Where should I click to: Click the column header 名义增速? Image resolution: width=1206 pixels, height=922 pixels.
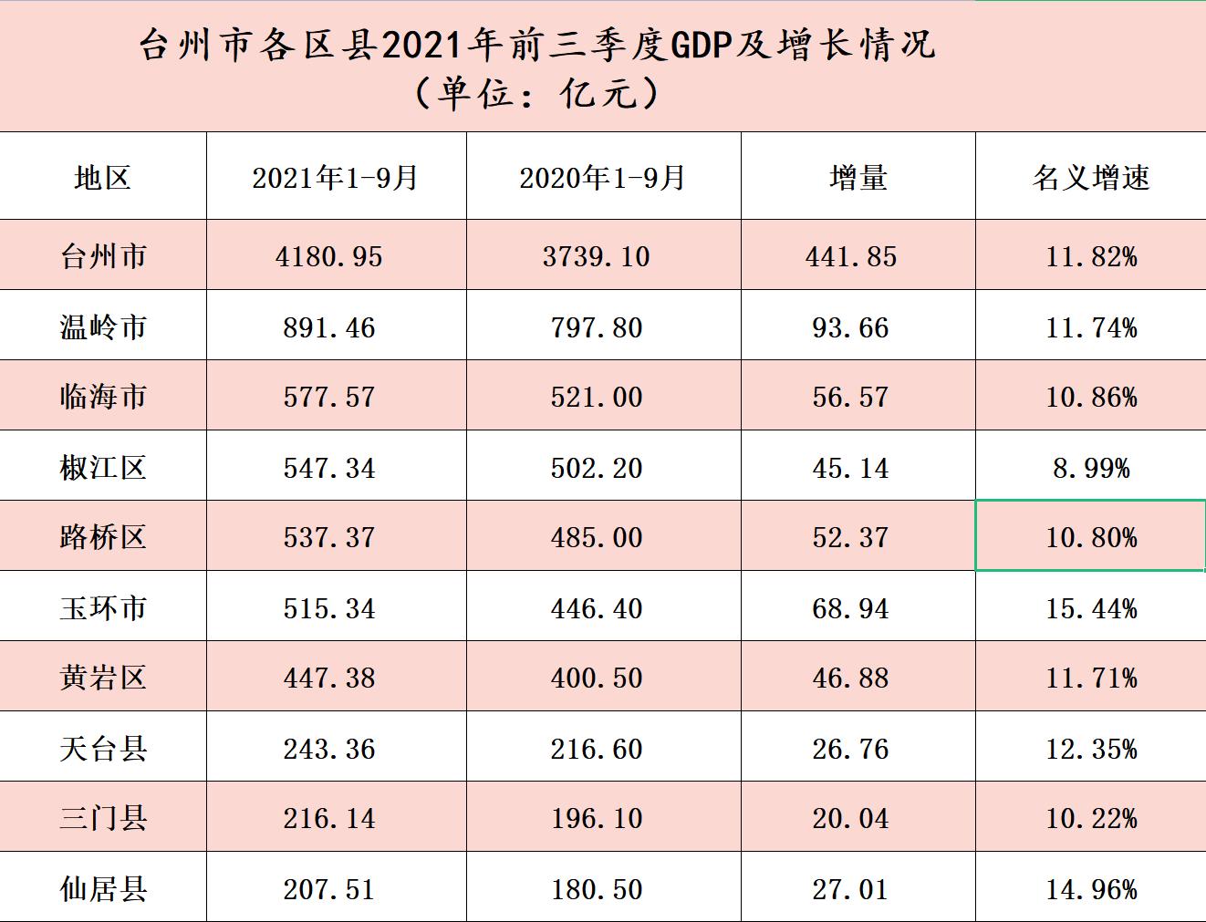[1090, 177]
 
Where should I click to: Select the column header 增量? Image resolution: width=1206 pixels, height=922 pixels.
[858, 177]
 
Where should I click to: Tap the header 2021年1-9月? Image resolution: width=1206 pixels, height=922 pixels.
[335, 177]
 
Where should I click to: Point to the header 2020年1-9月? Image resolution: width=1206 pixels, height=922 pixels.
[602, 177]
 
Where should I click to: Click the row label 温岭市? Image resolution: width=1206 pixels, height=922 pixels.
[103, 326]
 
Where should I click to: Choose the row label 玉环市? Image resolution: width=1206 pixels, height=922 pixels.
[103, 607]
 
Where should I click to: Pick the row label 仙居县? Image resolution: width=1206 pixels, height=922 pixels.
[103, 888]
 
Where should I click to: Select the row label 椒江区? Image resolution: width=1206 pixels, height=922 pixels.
[103, 467]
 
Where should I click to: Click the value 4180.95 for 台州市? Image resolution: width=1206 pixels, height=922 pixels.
[328, 256]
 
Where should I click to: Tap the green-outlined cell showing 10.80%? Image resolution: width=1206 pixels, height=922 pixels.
[1091, 537]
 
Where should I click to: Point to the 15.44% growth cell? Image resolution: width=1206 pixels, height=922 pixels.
[1091, 608]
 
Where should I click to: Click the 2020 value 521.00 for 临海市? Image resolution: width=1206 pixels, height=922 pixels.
[597, 397]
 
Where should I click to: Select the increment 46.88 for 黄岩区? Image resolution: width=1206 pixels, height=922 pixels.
[850, 678]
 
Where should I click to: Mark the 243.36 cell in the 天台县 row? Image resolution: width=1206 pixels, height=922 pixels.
[328, 749]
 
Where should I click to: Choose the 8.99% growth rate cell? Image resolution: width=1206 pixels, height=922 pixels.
[1091, 468]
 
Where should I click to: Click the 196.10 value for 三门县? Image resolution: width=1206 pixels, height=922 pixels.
[597, 818]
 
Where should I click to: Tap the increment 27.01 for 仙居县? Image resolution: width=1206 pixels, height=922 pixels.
[850, 889]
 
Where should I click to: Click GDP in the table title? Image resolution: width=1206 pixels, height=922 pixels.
[702, 46]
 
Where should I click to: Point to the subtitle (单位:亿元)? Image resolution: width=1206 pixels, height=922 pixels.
[536, 93]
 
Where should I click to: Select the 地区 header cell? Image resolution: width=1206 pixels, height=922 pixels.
[103, 177]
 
